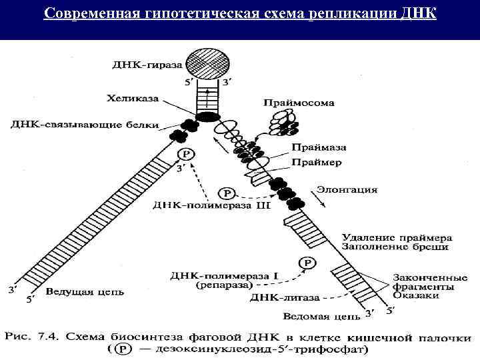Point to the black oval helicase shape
[x=207, y=117]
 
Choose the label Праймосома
[x=299, y=103]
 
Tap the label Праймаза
[x=315, y=148]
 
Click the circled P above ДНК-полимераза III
[x=228, y=193]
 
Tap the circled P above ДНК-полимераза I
[x=307, y=263]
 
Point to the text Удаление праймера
[x=397, y=237]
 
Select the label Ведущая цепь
[x=79, y=292]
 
